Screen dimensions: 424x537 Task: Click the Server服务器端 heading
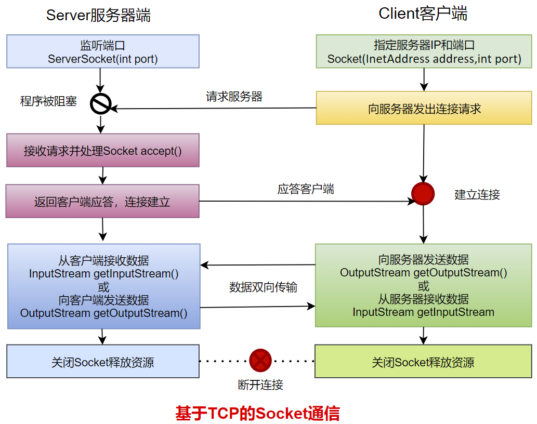click(98, 15)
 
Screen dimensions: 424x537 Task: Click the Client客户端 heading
click(423, 14)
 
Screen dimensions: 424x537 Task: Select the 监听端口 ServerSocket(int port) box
click(103, 51)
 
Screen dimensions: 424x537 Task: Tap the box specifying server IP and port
click(424, 51)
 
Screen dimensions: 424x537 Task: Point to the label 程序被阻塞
click(48, 101)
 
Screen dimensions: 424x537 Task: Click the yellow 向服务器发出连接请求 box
click(424, 109)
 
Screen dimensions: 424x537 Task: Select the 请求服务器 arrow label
click(234, 97)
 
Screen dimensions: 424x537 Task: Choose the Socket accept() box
click(103, 151)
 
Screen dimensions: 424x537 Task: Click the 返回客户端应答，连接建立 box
click(102, 202)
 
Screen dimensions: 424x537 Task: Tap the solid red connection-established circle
click(423, 194)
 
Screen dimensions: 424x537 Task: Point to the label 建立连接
click(477, 195)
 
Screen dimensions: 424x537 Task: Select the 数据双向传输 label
click(263, 287)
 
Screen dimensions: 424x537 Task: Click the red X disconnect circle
click(260, 360)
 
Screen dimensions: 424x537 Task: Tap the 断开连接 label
click(260, 385)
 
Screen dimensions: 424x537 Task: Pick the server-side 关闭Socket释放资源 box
click(103, 362)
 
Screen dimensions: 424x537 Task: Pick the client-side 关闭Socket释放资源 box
click(423, 362)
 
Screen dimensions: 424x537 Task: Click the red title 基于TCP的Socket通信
click(257, 413)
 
